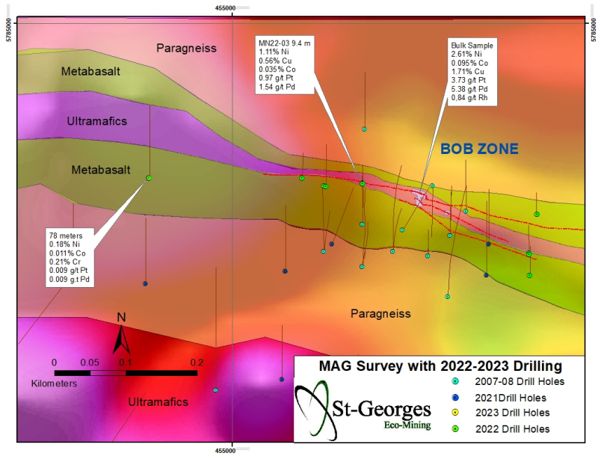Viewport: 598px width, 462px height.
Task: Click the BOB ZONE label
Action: pos(479,149)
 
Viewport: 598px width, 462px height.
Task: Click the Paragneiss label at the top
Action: pos(186,48)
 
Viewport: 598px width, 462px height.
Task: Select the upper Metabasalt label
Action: pos(91,70)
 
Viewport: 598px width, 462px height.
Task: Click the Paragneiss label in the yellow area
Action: pos(380,314)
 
